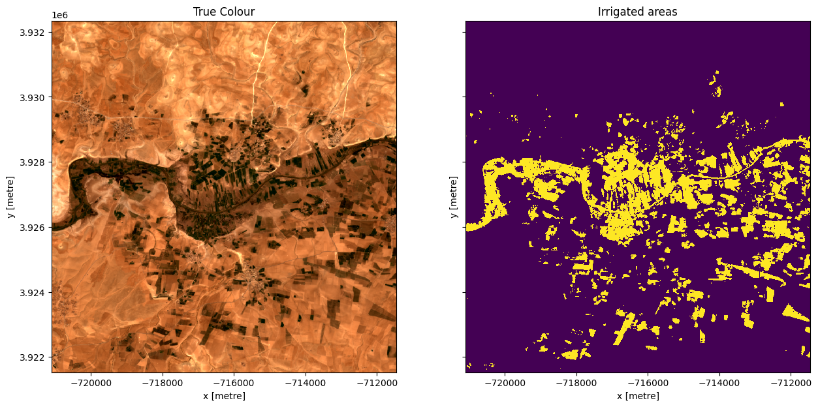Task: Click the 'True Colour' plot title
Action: tap(224, 12)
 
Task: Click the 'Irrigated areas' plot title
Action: tap(637, 12)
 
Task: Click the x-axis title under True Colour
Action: tap(224, 396)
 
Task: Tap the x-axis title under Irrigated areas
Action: tap(637, 396)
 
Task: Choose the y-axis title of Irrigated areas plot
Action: tap(452, 197)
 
